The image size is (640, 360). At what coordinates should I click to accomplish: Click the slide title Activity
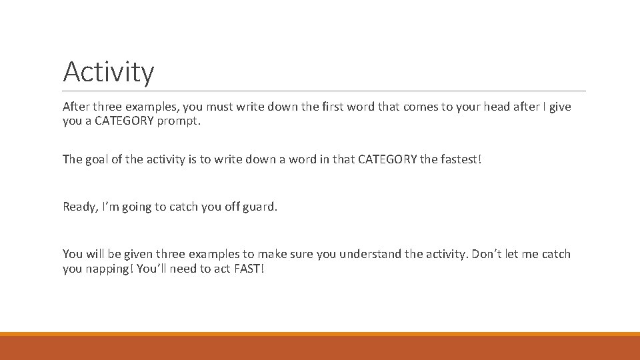click(108, 72)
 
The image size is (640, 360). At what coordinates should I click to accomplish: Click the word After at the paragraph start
click(76, 107)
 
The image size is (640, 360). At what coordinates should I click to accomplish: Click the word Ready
click(79, 207)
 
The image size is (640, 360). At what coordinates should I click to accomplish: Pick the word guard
click(261, 207)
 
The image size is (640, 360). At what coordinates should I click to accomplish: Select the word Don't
click(488, 254)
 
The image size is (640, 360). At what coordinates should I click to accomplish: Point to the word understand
click(371, 254)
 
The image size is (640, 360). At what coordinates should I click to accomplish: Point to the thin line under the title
click(324, 91)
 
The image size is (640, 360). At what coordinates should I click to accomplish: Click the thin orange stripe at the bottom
click(320, 334)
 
